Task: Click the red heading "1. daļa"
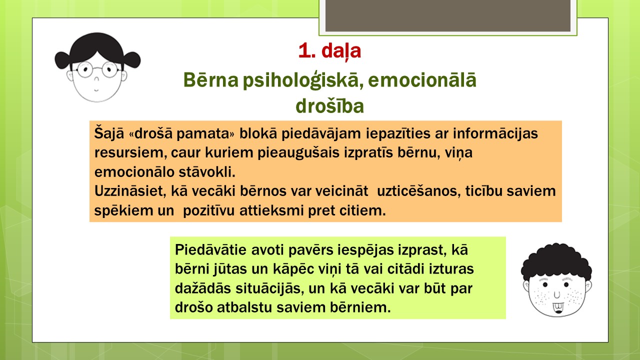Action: [x=329, y=51]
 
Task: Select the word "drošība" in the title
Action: [x=329, y=106]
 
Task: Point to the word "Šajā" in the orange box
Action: [x=109, y=133]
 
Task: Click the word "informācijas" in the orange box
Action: [x=495, y=133]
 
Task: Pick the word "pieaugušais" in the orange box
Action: [x=298, y=153]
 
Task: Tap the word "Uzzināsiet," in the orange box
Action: [x=130, y=191]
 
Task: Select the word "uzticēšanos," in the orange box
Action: [x=419, y=191]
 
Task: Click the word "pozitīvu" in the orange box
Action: [x=209, y=211]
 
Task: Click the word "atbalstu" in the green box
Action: [x=244, y=307]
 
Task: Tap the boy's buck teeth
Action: [x=558, y=307]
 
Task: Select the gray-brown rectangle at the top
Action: [x=447, y=15]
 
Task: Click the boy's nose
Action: [x=557, y=294]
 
